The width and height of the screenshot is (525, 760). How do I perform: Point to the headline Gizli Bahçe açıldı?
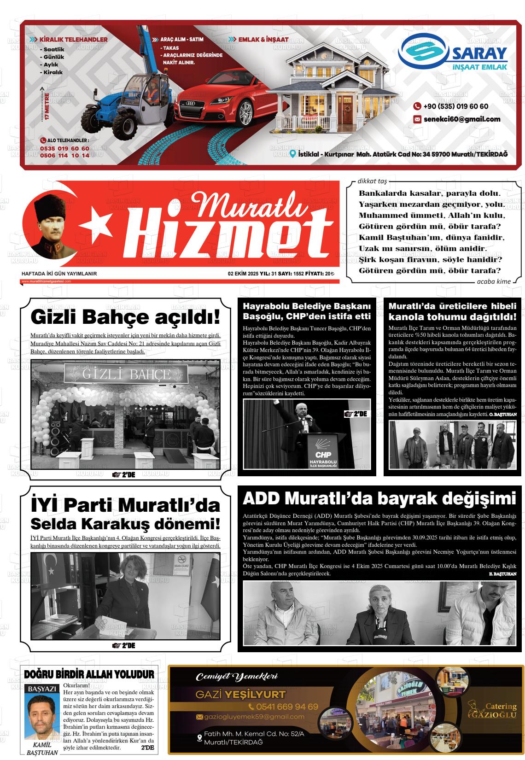click(125, 317)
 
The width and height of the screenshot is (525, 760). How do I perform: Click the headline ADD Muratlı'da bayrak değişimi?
click(379, 498)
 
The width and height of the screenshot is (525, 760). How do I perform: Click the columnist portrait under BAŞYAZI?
click(42, 716)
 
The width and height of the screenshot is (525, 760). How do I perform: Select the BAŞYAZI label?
click(42, 689)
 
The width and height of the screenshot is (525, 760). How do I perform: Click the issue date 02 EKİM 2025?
click(243, 274)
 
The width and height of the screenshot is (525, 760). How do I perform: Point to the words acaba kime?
click(494, 281)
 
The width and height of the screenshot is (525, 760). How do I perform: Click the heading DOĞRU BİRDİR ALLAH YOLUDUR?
click(89, 675)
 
